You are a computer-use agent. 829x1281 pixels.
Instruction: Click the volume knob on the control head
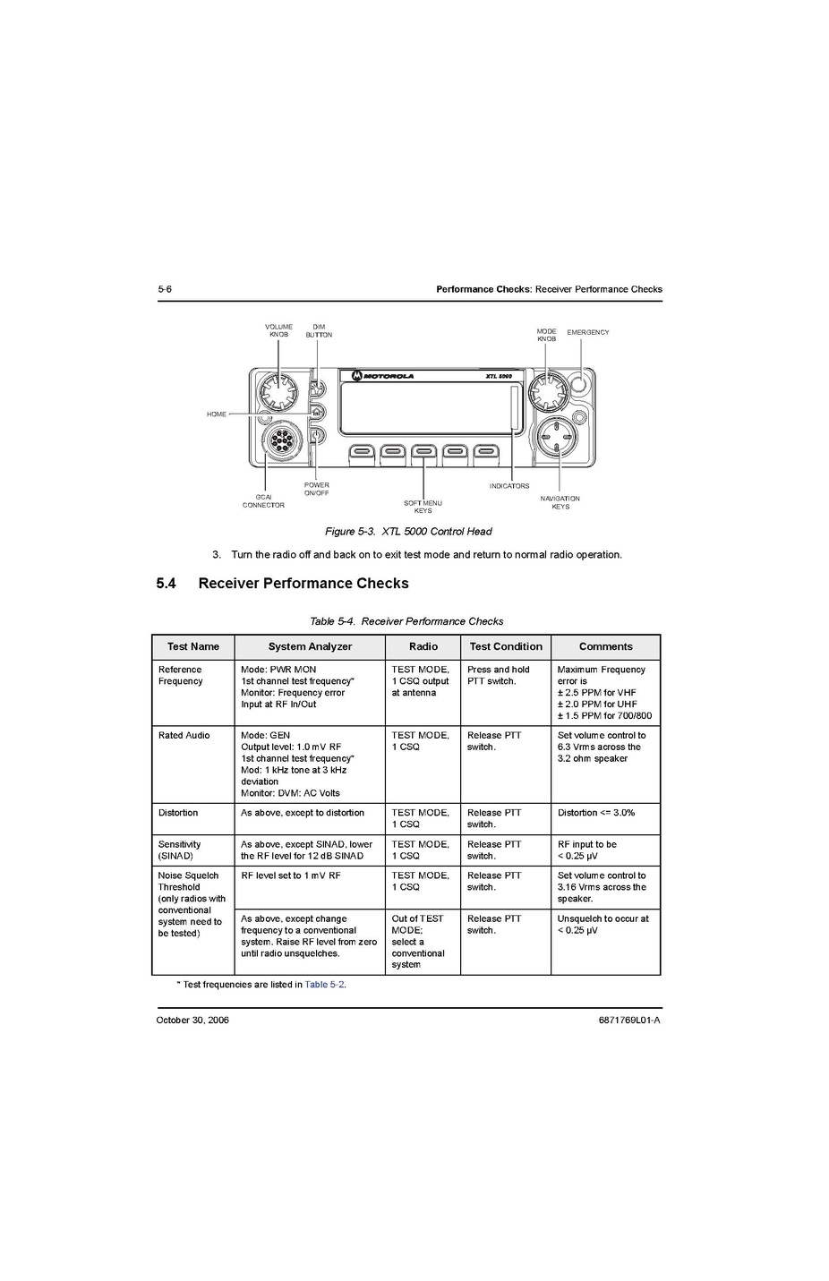tap(278, 390)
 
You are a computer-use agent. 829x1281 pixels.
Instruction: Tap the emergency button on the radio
tap(580, 384)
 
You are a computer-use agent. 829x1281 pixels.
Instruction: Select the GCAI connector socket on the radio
tap(280, 441)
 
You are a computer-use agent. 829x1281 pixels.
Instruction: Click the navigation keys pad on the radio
tap(556, 438)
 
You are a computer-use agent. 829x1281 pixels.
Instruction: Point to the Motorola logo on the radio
tap(382, 376)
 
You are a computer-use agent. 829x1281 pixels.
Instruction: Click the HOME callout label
tap(216, 414)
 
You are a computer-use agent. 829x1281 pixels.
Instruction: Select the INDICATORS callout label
tap(509, 486)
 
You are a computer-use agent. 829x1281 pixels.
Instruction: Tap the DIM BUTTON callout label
tap(319, 331)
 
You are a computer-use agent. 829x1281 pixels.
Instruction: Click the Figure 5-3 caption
tap(408, 531)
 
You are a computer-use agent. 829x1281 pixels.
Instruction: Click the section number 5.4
tap(166, 584)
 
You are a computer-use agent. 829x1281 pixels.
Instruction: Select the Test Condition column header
tap(506, 646)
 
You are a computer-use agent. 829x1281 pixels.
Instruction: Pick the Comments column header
tap(605, 646)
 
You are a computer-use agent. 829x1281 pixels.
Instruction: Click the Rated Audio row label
tap(184, 736)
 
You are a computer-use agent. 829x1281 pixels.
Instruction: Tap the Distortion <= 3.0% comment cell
tap(595, 813)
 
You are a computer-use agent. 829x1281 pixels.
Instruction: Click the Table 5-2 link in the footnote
tap(324, 984)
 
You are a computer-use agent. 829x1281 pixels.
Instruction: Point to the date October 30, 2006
tap(192, 1021)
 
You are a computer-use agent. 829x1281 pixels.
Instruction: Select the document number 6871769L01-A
tap(628, 1021)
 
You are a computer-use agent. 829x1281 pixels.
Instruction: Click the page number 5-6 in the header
tap(165, 289)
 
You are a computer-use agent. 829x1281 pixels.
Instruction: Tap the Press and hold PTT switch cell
tap(498, 675)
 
